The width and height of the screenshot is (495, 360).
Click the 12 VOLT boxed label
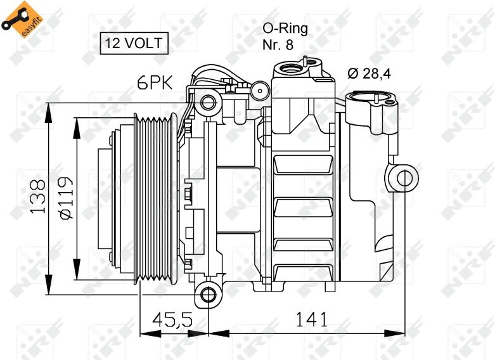134,43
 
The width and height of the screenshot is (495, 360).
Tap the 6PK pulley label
155,83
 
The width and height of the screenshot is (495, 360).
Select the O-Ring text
285,29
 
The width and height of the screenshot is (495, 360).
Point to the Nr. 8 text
278,44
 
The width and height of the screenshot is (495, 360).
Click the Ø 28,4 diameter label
369,74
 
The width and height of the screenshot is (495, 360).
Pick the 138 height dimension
38,196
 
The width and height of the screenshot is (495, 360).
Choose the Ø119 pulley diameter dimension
66,198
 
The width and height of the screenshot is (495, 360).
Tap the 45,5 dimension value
172,319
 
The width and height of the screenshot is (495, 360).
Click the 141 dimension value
312,319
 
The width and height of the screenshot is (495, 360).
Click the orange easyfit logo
22,19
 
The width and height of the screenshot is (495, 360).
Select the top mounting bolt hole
208,103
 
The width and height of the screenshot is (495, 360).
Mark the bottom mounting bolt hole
208,295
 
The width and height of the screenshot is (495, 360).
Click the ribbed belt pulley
154,200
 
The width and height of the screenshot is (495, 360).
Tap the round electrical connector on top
260,91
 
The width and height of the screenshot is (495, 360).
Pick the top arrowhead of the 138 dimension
48,112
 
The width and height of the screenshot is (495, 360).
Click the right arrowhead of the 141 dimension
394,333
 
